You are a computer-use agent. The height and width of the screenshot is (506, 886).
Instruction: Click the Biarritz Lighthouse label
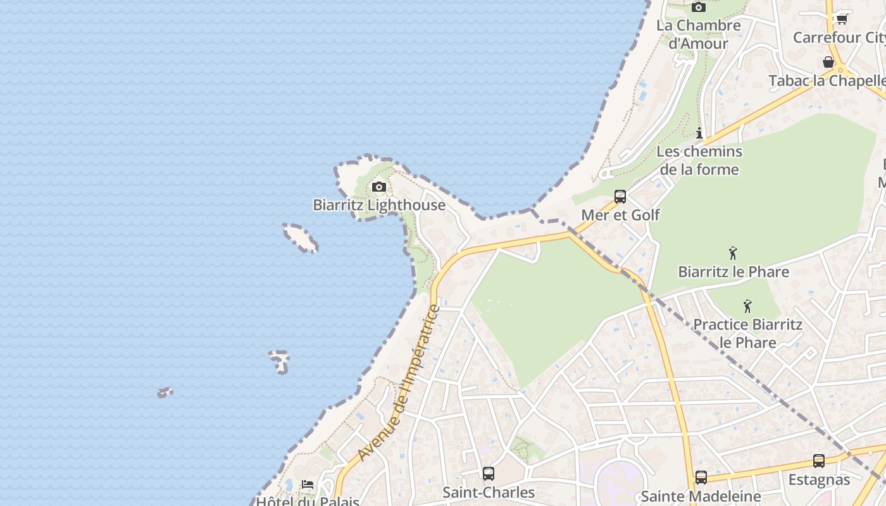pos(379,205)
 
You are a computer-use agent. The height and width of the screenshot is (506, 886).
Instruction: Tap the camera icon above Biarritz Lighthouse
pos(379,187)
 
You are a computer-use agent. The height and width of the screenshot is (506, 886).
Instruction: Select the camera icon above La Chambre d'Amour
pos(699,7)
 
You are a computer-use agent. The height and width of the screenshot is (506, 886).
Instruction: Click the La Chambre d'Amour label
pos(699,34)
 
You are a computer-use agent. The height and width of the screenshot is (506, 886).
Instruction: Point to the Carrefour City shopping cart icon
pos(842,19)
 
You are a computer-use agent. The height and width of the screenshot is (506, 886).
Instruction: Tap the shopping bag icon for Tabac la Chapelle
pos(828,62)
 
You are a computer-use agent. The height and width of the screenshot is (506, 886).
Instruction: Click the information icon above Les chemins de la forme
pos(699,133)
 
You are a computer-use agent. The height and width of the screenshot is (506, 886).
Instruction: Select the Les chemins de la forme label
pos(699,161)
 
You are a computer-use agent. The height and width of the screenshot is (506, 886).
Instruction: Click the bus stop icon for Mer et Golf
pos(620,197)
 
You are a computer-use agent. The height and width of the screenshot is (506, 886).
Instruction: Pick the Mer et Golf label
pos(620,215)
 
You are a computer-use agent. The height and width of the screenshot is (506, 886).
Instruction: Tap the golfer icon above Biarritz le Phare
pos(733,253)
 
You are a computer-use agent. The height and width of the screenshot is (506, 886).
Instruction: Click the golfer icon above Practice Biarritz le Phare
pos(747,306)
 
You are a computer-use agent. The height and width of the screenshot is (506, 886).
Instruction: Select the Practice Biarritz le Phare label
pos(747,333)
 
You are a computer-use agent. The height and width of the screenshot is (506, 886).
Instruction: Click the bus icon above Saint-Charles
pos(489,474)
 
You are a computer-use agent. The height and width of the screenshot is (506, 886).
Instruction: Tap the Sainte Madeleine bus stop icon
pos(701,478)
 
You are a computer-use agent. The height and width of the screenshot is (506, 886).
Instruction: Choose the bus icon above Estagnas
pos(819,461)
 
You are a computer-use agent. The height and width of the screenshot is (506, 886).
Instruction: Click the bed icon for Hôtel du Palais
pos(308,484)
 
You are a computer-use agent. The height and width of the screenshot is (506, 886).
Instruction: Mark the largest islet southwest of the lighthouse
pos(301,237)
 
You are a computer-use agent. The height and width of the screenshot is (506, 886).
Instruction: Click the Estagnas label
pos(819,480)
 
